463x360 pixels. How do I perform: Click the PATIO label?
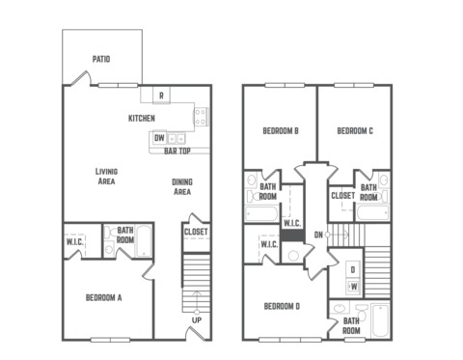click(101, 59)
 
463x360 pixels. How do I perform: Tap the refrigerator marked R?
click(161, 96)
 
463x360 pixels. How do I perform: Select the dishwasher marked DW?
click(159, 138)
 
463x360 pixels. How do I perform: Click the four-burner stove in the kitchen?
click(201, 117)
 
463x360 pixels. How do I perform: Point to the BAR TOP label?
click(177, 151)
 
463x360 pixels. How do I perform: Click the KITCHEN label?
click(142, 119)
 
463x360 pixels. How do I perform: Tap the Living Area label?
click(106, 177)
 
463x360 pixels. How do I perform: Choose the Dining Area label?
click(182, 186)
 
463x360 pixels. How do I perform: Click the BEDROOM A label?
click(104, 297)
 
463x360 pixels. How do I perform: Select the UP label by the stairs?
click(197, 320)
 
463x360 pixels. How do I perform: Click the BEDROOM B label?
click(281, 131)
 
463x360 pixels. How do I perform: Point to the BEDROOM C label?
click(355, 131)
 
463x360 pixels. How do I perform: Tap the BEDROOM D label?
click(282, 306)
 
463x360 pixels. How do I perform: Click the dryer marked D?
click(353, 269)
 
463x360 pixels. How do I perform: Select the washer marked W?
click(353, 287)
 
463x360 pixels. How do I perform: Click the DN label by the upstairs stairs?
click(318, 235)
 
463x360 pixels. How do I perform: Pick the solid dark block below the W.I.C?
click(292, 235)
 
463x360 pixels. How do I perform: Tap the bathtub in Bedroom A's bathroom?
click(144, 241)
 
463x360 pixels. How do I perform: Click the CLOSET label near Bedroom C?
click(342, 196)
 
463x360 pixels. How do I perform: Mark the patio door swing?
click(82, 77)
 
